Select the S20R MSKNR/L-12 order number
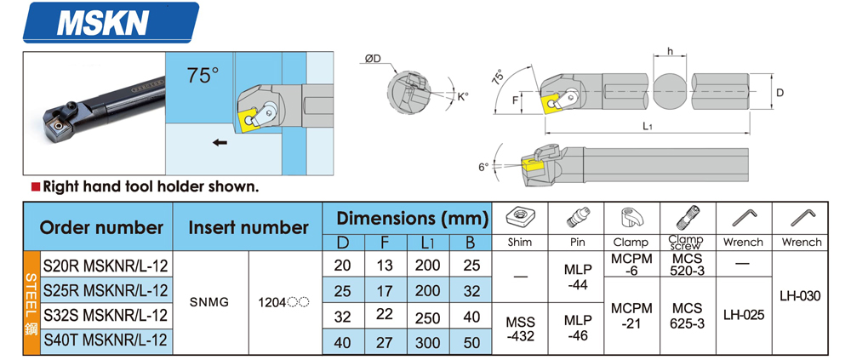(x=106, y=266)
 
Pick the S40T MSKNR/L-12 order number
(x=106, y=341)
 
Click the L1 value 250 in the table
(x=427, y=317)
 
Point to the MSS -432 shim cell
(x=519, y=329)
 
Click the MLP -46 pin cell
(x=578, y=329)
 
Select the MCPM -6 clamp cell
(x=631, y=264)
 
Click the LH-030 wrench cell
(x=799, y=296)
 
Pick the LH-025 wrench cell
(x=743, y=314)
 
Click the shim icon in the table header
(x=519, y=217)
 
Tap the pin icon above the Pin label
(x=578, y=217)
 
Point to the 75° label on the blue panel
(x=203, y=76)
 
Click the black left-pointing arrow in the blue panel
(x=220, y=143)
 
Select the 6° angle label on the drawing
(x=483, y=167)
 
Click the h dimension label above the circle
(x=671, y=53)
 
